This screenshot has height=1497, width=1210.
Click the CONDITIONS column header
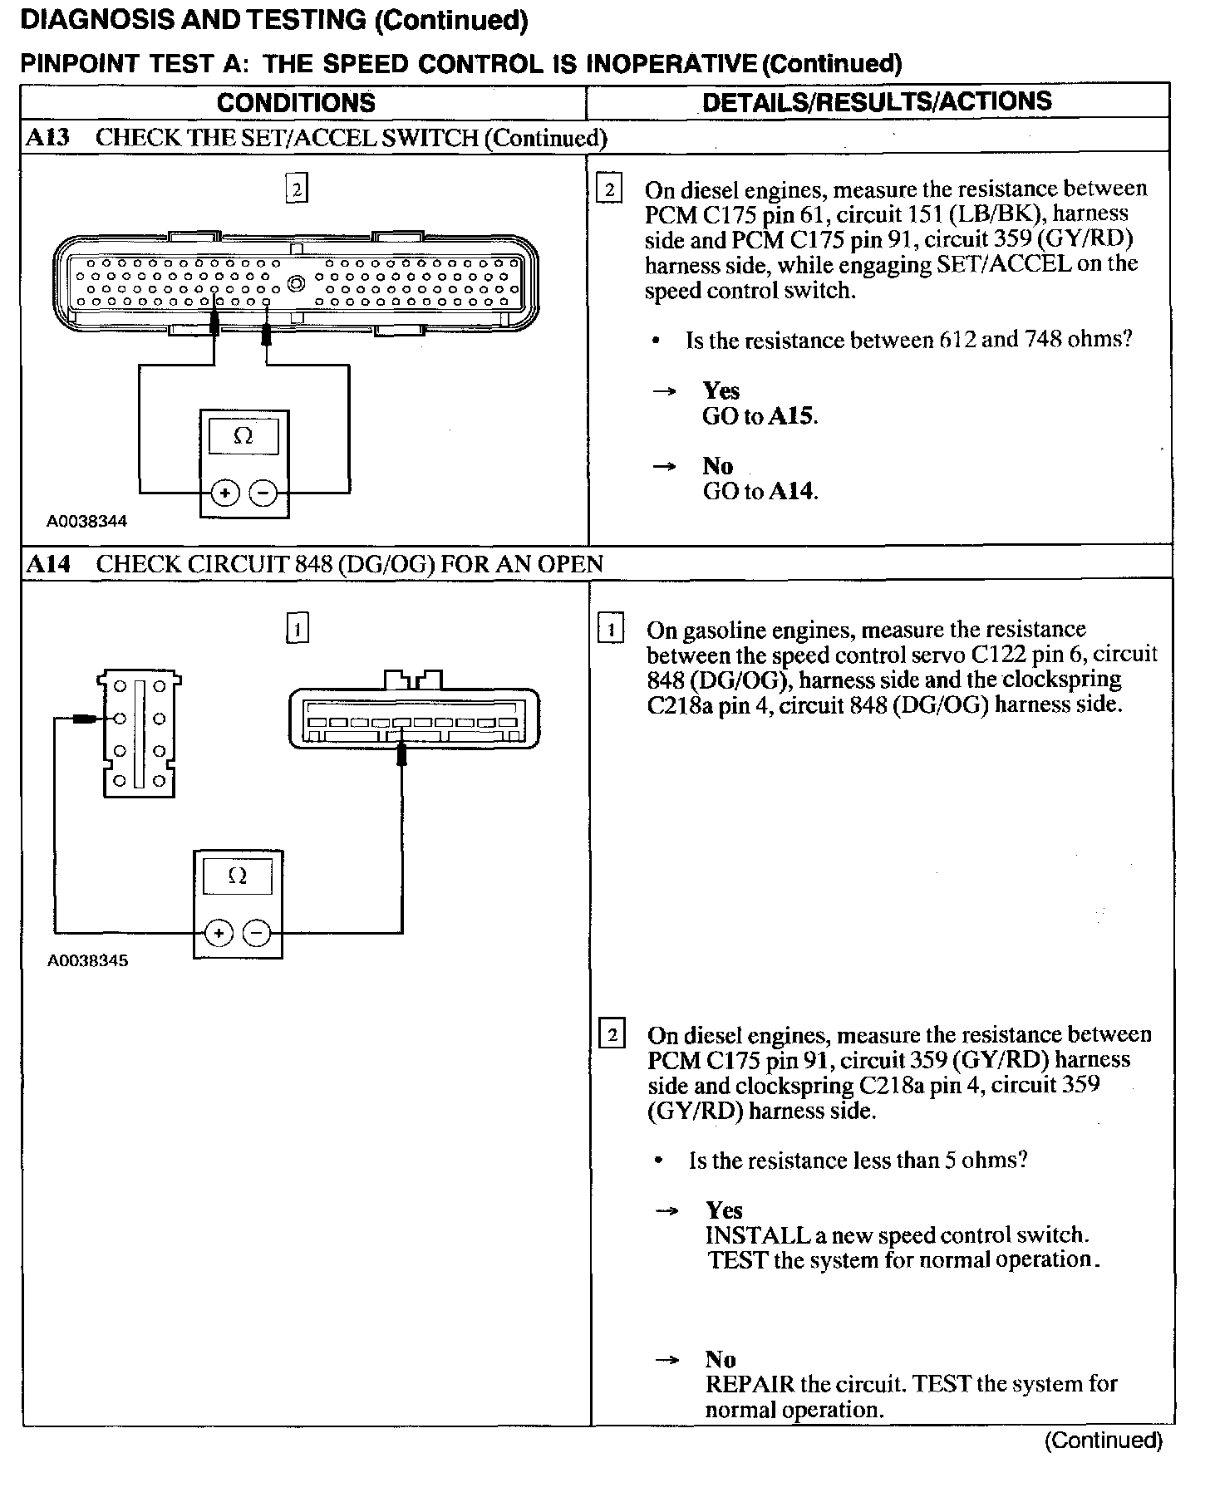[296, 103]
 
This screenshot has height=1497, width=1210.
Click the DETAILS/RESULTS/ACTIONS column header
[877, 101]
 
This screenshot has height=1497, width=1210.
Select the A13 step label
[47, 137]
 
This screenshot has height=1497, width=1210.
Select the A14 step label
[47, 564]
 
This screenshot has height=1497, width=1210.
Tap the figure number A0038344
[86, 521]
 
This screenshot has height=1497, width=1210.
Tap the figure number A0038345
[87, 960]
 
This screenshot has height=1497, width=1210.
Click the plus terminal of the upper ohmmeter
[224, 493]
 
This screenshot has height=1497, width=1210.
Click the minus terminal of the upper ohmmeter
[263, 493]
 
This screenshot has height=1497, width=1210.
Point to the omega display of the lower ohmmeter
[237, 876]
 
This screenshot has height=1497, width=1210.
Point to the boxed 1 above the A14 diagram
[297, 628]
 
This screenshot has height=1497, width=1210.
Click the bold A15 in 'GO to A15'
[790, 416]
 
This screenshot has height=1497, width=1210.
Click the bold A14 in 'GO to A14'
[790, 492]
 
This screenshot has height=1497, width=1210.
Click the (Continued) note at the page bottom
[1102, 1440]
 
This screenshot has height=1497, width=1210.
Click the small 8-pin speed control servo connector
[139, 734]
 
